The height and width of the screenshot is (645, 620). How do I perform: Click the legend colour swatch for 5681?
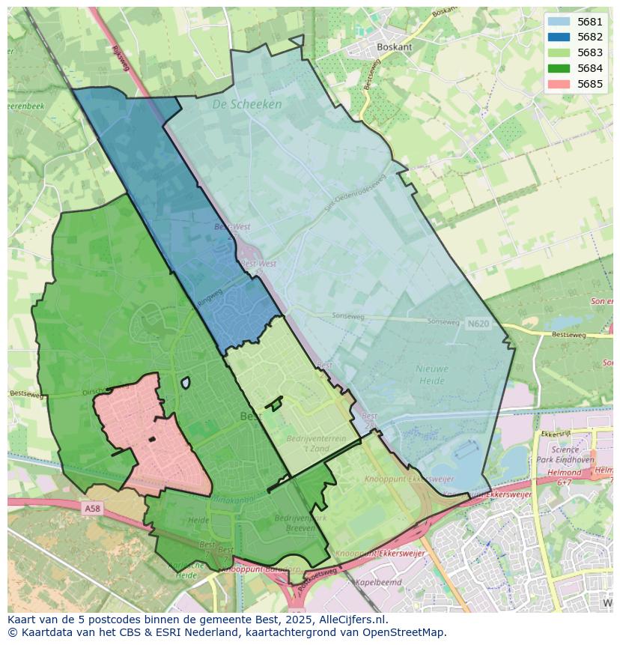point(558,22)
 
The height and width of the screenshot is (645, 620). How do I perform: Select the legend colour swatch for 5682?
point(558,37)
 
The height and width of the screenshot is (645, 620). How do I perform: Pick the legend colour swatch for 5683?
point(558,52)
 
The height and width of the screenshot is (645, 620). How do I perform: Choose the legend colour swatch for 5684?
point(558,68)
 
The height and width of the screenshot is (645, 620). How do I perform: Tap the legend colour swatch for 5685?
point(558,84)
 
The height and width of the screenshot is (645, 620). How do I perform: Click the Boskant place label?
point(395,46)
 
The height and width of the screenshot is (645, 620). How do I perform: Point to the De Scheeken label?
point(246,104)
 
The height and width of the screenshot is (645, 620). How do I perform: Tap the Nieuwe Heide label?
point(432,375)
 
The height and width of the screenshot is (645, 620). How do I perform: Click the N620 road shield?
point(477,324)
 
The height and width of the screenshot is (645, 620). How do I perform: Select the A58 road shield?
point(91,509)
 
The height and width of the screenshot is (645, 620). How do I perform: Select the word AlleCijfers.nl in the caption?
point(350,620)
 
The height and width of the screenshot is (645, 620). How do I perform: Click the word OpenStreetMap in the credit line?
point(408,632)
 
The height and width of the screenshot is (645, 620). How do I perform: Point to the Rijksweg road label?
point(121,58)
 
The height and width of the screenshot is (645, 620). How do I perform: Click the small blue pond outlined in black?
point(185,383)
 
